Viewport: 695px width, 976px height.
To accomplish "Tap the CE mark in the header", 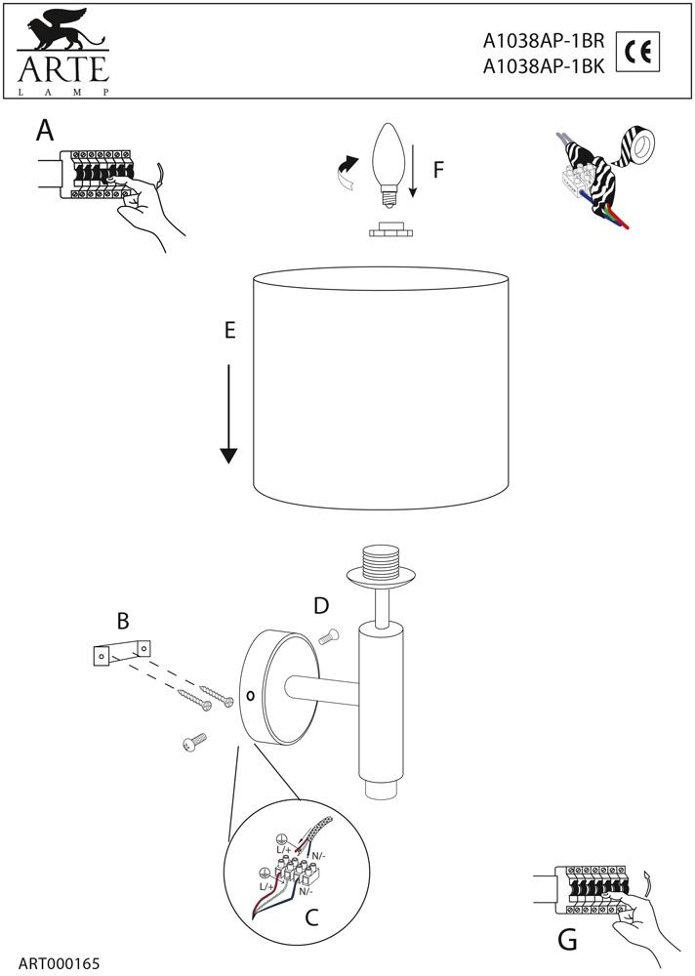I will click(x=639, y=53).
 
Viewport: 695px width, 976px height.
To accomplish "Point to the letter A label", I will click(x=44, y=131).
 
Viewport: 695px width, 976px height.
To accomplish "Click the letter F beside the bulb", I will click(x=438, y=170).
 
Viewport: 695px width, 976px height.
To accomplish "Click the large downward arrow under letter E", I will click(x=228, y=414).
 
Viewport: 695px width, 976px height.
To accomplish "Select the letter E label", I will click(x=229, y=331).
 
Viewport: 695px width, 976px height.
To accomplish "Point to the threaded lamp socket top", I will click(x=383, y=565).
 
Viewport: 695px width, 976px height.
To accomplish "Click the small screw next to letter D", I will click(x=328, y=636).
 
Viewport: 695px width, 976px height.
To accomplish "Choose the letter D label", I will click(x=321, y=606).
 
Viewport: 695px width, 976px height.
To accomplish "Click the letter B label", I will click(x=123, y=620).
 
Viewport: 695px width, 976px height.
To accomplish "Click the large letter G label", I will click(x=567, y=941).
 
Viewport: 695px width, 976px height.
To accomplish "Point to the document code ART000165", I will click(x=59, y=963).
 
